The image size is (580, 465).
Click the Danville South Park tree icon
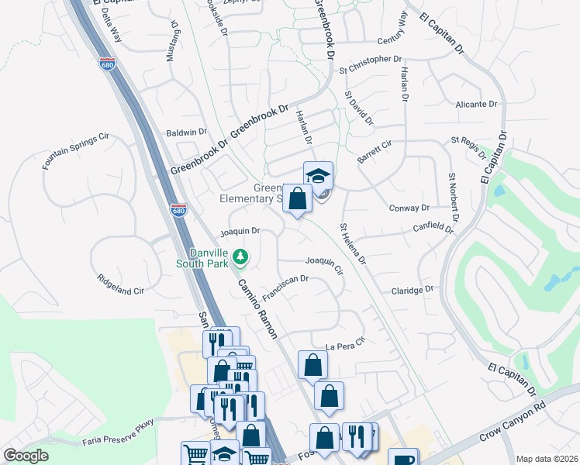click(241, 256)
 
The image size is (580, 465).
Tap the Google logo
click(26, 456)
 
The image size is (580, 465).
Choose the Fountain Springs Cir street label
click(75, 150)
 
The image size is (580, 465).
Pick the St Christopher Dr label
click(371, 59)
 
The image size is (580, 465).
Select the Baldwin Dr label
click(187, 133)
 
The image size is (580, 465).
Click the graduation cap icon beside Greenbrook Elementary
click(318, 175)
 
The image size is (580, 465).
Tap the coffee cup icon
click(402, 459)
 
